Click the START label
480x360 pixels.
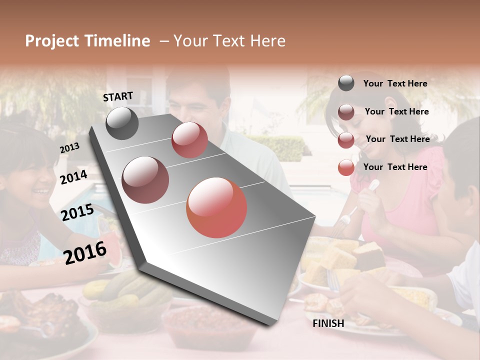pos(118,96)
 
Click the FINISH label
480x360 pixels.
pos(328,323)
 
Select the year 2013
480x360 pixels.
pos(69,147)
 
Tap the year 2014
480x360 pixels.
pos(73,177)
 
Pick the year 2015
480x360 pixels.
pos(77,212)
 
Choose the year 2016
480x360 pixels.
pos(85,253)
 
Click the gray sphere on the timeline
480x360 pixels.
pos(122,123)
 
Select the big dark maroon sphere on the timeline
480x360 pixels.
pos(145,180)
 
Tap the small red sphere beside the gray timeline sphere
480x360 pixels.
pos(189,140)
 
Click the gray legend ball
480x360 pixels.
pos(346,83)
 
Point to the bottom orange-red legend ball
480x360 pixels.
pos(346,167)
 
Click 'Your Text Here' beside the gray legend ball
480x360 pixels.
pos(395,83)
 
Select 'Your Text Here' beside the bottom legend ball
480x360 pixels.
pos(395,167)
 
